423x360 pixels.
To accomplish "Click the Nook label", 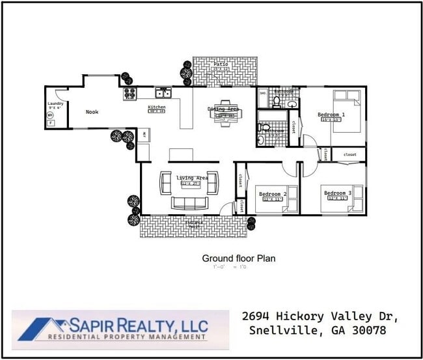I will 92,112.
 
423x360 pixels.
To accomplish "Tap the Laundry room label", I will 55,104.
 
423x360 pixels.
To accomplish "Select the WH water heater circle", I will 50,115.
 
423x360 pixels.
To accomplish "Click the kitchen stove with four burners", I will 130,94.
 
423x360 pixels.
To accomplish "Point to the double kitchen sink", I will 163,92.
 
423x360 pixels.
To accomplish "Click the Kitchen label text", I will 157,107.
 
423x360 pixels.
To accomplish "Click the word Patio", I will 221,64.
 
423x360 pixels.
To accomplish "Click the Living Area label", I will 192,178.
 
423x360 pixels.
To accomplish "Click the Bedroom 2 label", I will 273,194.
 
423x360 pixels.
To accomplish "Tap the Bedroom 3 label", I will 338,193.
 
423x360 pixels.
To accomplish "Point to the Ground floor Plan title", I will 238,258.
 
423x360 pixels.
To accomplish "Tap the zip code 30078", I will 368,331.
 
